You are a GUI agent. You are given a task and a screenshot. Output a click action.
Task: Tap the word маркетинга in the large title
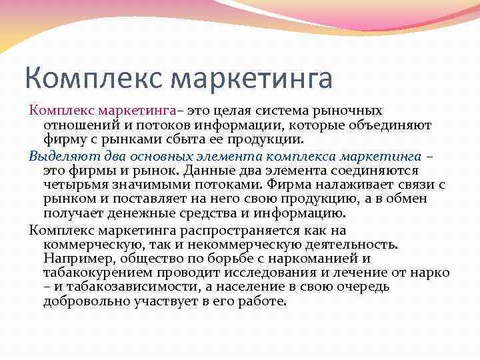click(x=251, y=79)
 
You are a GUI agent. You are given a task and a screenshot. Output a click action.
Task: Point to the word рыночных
click(x=355, y=110)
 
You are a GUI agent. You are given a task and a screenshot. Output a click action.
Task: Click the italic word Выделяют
click(x=59, y=155)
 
